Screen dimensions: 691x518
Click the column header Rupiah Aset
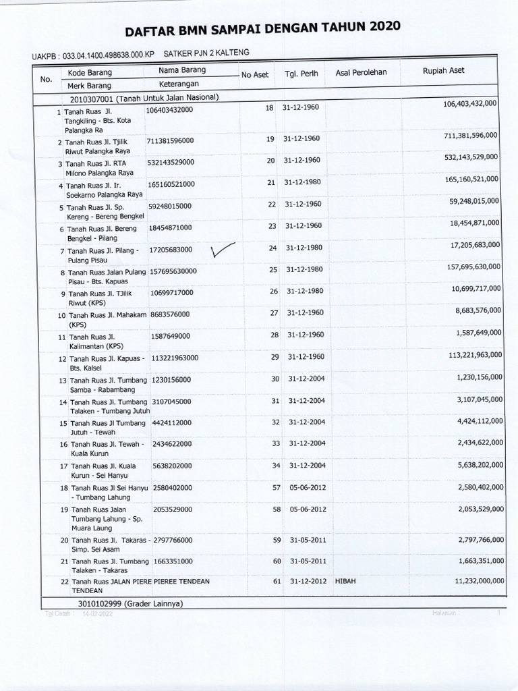443,71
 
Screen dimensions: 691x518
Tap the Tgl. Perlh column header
301,74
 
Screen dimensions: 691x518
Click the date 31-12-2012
307,582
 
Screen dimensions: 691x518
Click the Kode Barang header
90,72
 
